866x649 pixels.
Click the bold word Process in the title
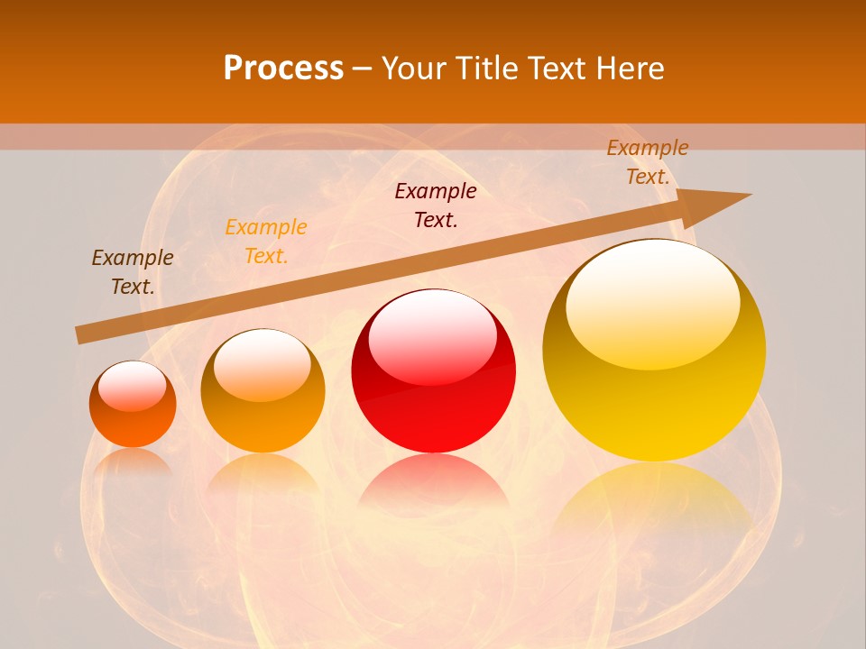[283, 69]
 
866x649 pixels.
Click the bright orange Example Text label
[266, 242]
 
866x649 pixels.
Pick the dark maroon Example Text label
[436, 206]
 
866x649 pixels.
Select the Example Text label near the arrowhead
[648, 162]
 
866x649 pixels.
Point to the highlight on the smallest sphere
[132, 387]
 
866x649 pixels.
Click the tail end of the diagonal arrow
[81, 334]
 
